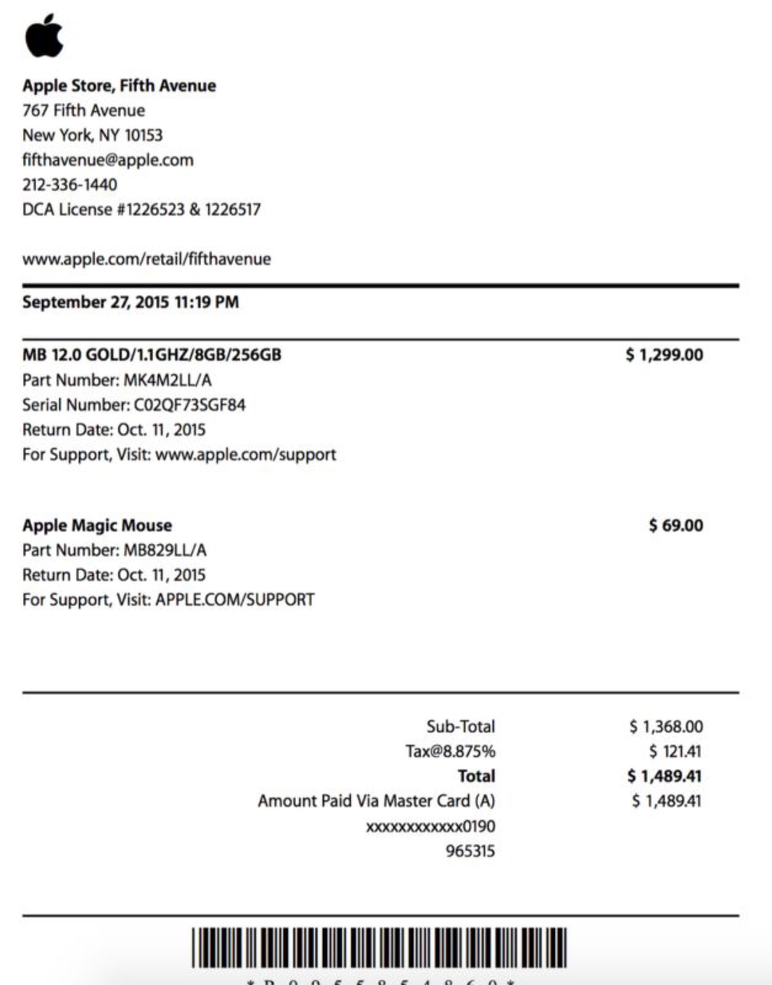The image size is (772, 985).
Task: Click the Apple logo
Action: (44, 36)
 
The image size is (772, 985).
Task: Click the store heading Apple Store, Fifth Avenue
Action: (119, 85)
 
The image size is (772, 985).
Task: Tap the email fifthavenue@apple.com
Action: (108, 160)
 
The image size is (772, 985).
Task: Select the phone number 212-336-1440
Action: (70, 185)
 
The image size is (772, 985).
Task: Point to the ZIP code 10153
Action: (143, 135)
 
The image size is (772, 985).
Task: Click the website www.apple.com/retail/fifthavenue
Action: (146, 259)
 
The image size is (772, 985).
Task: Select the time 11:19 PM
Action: (207, 302)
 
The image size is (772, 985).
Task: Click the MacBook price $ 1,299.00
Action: (664, 355)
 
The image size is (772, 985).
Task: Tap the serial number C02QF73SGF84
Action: (190, 405)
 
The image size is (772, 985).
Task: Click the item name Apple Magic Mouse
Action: (97, 525)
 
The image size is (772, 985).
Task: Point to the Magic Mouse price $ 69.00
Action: (676, 525)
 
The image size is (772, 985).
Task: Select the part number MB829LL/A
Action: (165, 550)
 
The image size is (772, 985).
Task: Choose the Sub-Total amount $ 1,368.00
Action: (666, 726)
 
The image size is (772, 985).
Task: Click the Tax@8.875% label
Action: (450, 751)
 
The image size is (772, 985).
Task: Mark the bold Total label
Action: (476, 776)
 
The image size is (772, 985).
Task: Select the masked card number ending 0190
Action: (430, 827)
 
